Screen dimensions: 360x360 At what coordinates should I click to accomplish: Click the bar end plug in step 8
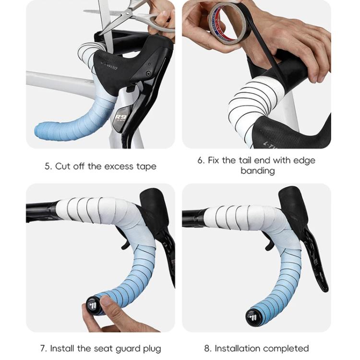(253, 316)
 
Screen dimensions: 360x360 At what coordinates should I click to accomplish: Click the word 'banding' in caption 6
(257, 171)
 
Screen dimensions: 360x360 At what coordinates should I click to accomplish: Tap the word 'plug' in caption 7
(151, 348)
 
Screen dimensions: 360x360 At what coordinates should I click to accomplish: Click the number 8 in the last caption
(207, 348)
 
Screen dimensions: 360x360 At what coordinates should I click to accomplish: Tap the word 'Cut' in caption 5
(63, 167)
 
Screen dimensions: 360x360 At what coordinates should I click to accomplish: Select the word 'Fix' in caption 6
(214, 160)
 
